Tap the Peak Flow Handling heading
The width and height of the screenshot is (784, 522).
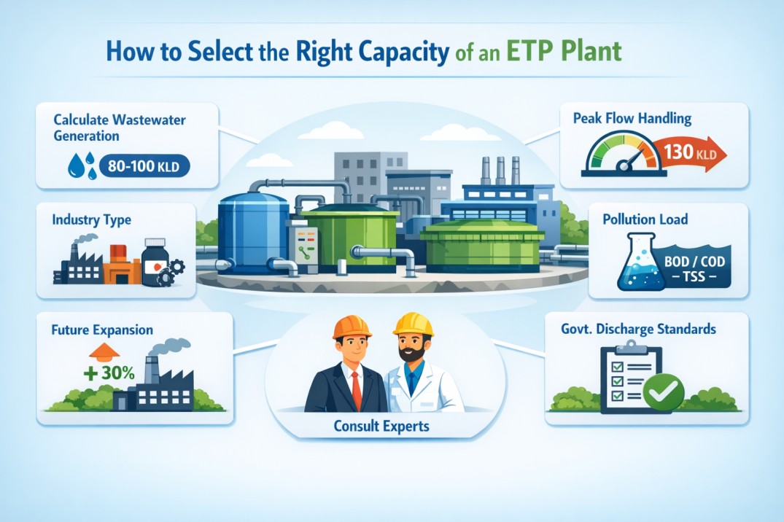(x=632, y=117)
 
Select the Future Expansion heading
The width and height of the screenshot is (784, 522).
(x=103, y=330)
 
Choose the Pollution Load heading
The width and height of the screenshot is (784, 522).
(x=645, y=219)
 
